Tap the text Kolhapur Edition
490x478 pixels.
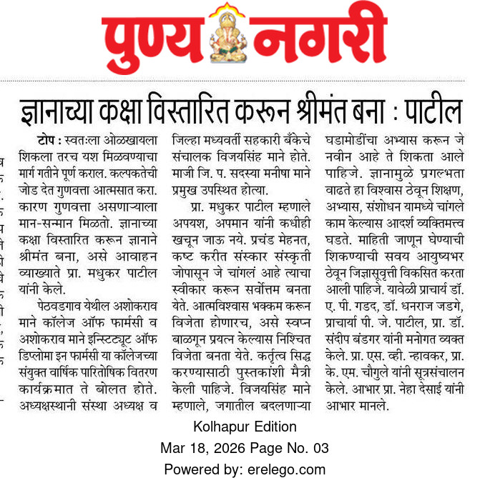click(x=245, y=427)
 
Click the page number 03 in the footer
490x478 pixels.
click(x=320, y=448)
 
